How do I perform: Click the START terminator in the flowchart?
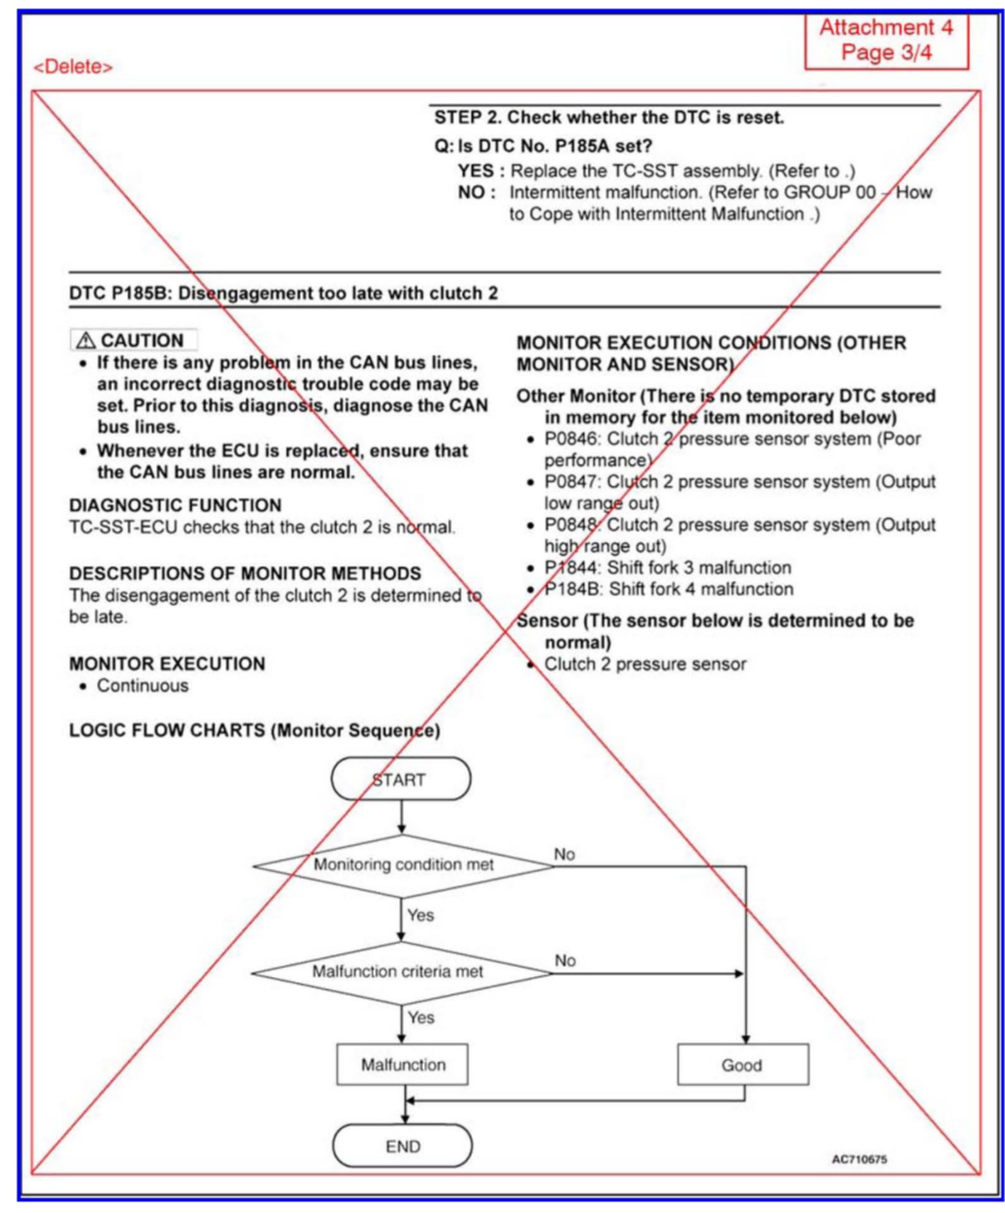[x=400, y=779]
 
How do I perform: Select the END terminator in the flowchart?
[x=402, y=1146]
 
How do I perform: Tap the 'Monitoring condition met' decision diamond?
[x=403, y=865]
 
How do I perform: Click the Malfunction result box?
[x=402, y=1064]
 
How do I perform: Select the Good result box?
[x=742, y=1065]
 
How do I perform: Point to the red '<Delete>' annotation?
[x=73, y=67]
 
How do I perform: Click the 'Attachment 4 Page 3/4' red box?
[x=885, y=40]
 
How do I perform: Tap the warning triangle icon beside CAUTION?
[x=85, y=341]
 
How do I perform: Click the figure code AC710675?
[x=858, y=1159]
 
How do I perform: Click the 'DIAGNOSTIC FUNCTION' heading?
[x=175, y=505]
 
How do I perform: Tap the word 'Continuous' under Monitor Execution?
[x=142, y=685]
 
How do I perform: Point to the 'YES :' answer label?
[x=480, y=171]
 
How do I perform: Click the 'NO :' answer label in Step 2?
[x=476, y=193]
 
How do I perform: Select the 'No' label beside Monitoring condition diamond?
[x=564, y=854]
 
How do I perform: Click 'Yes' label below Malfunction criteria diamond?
[x=420, y=1018]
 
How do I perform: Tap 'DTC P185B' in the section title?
[x=119, y=293]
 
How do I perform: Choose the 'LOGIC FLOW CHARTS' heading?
[x=167, y=730]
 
